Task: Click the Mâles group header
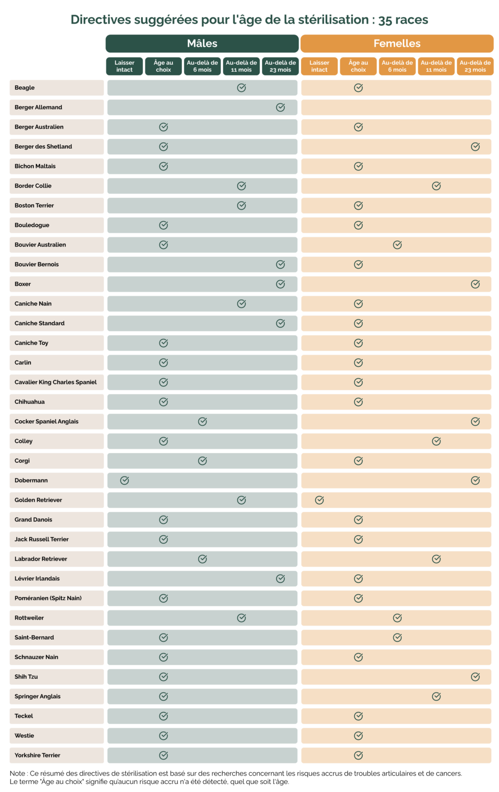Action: click(202, 43)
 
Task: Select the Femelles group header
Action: click(397, 43)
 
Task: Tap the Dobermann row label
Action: click(31, 480)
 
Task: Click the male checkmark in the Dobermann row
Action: click(125, 480)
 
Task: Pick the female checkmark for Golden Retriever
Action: click(319, 500)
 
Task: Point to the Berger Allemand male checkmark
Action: click(280, 108)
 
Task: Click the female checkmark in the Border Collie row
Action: click(436, 186)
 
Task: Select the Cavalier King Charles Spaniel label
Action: click(55, 382)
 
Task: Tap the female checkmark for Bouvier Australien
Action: click(397, 245)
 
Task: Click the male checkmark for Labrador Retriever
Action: click(202, 559)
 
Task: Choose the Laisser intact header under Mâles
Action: click(125, 66)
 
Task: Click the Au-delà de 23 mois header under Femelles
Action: click(475, 66)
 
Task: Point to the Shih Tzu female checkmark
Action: click(475, 677)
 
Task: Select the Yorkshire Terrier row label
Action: click(37, 755)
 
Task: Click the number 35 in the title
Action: click(385, 20)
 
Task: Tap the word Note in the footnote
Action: click(17, 773)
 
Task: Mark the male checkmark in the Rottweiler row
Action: click(241, 618)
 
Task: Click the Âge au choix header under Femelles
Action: click(358, 66)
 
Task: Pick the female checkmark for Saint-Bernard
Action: click(397, 637)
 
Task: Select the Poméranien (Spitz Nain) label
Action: click(48, 598)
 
